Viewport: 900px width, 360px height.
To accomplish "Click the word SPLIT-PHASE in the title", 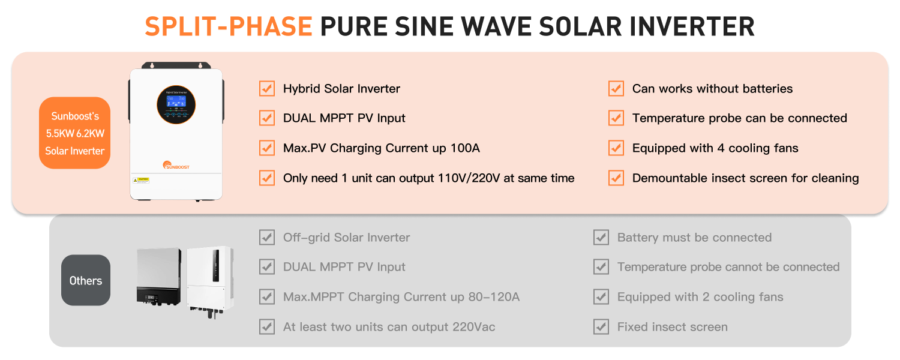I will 228,27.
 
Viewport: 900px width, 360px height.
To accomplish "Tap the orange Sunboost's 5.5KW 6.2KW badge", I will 75,133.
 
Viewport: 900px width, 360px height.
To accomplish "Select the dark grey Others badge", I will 86,280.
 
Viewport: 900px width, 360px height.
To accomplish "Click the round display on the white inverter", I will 176,104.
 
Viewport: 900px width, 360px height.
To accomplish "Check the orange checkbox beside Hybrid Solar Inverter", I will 267,88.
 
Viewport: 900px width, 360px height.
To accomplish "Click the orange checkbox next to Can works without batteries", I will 616,88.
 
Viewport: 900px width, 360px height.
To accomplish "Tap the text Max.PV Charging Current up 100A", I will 381,148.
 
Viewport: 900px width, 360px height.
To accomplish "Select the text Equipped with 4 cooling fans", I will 715,148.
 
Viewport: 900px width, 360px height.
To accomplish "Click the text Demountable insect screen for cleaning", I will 745,178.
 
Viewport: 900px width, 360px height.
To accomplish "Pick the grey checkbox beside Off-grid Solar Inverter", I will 267,237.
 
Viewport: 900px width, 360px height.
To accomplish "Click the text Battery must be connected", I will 694,237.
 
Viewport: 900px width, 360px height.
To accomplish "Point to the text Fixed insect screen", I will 672,327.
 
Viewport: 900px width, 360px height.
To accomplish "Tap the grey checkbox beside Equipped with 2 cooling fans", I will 601,297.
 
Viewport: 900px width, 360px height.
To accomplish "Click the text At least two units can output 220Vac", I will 389,327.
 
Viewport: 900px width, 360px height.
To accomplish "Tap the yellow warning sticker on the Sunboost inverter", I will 141,179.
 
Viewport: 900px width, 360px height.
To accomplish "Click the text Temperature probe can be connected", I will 739,118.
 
